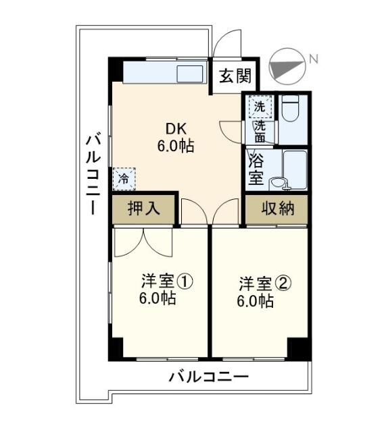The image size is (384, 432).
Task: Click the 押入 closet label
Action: [143, 209]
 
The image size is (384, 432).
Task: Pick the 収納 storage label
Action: [277, 209]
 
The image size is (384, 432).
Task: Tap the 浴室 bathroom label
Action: [256, 169]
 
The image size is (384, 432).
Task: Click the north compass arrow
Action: [286, 67]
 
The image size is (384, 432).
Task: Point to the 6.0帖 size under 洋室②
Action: [255, 302]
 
